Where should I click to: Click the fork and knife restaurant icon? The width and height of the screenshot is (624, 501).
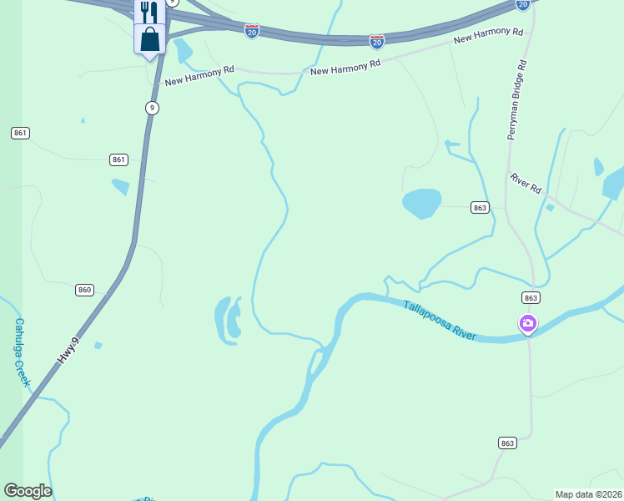click(149, 12)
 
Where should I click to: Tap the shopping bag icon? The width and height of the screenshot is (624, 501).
click(149, 38)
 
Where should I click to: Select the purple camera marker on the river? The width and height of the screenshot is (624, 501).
click(527, 323)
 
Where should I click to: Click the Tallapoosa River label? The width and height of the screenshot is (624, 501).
click(440, 321)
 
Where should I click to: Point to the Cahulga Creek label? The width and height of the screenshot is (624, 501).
click(22, 352)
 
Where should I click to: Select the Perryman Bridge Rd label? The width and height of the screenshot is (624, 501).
click(516, 99)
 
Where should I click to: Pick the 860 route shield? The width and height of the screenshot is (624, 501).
click(83, 290)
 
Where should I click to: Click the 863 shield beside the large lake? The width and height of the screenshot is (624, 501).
click(479, 207)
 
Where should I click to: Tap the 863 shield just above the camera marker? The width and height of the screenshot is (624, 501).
click(531, 297)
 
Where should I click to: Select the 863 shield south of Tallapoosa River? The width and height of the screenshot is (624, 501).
click(507, 443)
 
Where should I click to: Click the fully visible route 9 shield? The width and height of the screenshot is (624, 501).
click(151, 108)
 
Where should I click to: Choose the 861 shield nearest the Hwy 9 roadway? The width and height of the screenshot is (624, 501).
click(118, 159)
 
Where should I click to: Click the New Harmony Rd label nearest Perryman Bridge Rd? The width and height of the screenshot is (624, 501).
click(488, 36)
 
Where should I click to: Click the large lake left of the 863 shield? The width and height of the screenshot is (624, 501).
click(421, 202)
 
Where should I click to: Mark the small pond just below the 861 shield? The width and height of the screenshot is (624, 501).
click(121, 186)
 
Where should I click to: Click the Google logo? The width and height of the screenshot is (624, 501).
click(28, 491)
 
